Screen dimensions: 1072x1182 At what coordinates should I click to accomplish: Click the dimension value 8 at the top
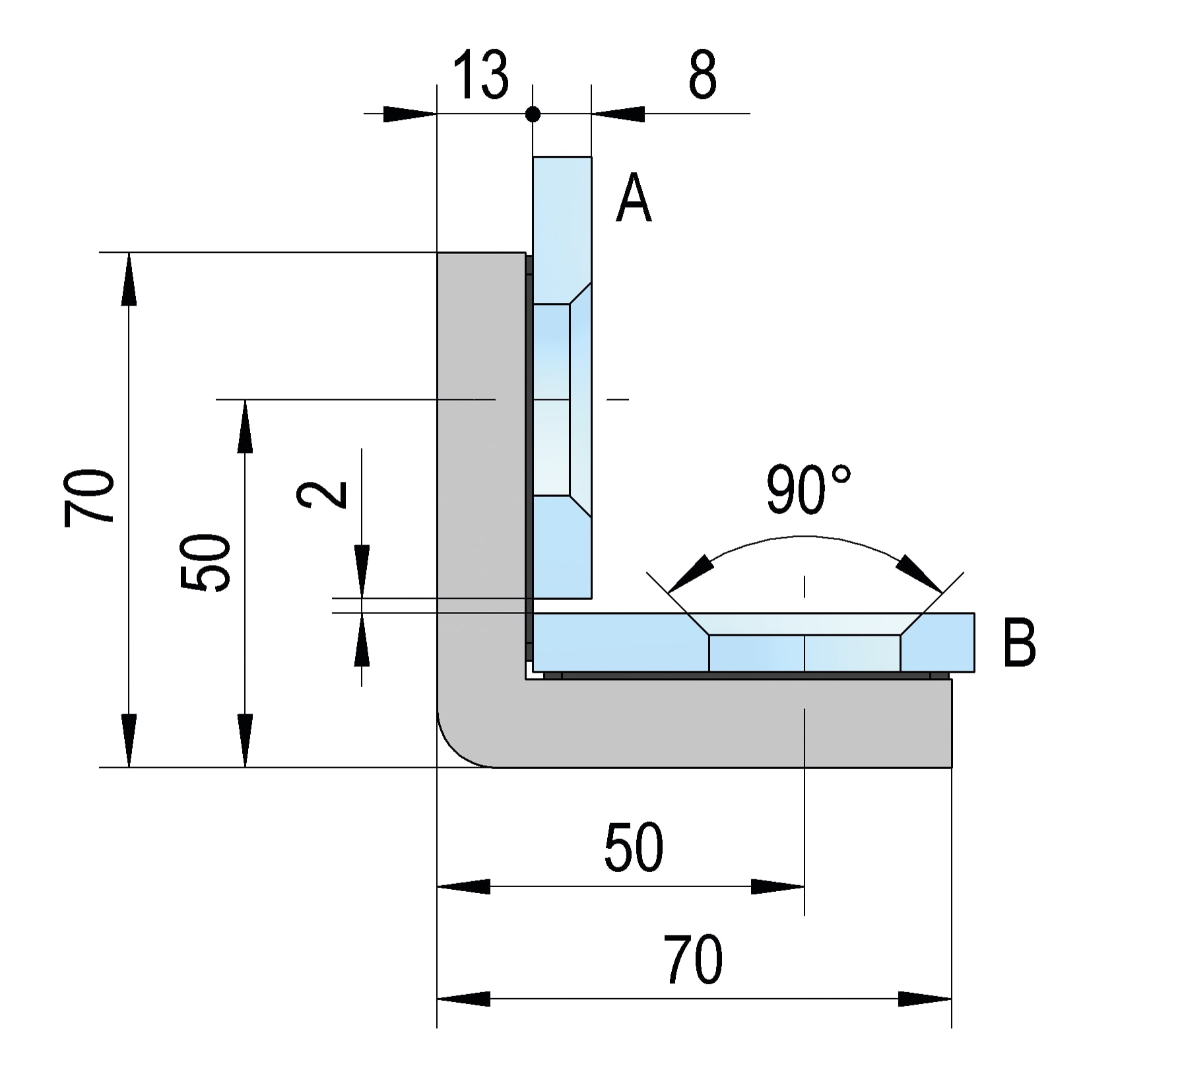pyautogui.click(x=702, y=75)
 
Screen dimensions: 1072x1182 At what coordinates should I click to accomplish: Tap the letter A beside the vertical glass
pyautogui.click(x=633, y=198)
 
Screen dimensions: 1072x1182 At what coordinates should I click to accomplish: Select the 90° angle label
pyautogui.click(x=808, y=490)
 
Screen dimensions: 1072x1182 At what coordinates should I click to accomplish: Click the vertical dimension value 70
pyautogui.click(x=90, y=498)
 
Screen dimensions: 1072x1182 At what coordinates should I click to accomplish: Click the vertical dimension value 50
pyautogui.click(x=206, y=562)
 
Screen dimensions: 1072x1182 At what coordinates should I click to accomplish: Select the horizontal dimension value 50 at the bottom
pyautogui.click(x=633, y=848)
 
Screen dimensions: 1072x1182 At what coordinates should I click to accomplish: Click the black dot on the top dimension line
pyautogui.click(x=533, y=115)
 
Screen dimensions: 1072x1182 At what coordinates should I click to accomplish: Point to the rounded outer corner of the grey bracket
pyautogui.click(x=455, y=749)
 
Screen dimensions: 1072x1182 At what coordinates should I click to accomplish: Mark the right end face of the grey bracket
pyautogui.click(x=950, y=723)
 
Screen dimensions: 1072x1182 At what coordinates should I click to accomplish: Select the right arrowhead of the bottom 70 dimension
pyautogui.click(x=925, y=999)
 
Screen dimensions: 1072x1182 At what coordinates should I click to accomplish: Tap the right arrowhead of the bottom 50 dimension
pyautogui.click(x=778, y=887)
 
